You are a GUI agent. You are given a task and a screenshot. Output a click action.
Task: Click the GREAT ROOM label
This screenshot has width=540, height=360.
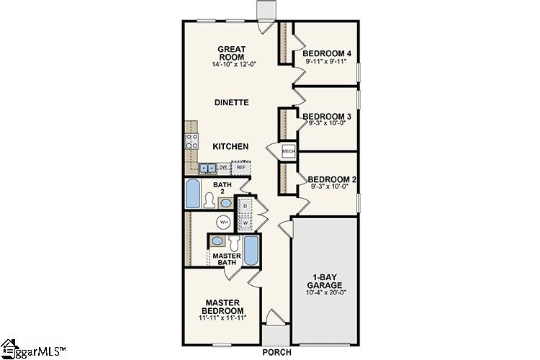point(231,53)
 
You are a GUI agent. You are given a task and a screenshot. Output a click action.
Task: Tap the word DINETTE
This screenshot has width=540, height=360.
point(231,103)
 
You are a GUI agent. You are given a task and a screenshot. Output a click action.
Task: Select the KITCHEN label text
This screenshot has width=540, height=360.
point(231,146)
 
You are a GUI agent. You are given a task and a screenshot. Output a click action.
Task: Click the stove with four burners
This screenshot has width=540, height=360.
point(192,142)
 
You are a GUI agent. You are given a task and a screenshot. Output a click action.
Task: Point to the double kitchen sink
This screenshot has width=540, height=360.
point(207,168)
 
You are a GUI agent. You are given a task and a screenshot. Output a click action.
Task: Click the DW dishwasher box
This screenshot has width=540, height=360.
point(223,167)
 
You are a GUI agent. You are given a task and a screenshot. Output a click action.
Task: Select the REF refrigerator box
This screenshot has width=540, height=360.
point(241,167)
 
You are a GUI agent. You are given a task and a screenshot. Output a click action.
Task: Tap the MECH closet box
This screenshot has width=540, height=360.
point(288,151)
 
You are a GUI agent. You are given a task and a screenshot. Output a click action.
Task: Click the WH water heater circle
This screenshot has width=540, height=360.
point(225,222)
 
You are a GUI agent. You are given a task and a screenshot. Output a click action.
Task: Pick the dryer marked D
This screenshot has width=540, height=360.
point(246,207)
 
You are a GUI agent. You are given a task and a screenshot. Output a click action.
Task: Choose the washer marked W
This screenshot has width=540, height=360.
point(246,222)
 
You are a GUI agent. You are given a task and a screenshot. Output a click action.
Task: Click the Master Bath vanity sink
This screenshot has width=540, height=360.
point(217,242)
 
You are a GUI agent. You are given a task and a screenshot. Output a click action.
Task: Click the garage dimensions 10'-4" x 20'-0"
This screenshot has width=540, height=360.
point(326,292)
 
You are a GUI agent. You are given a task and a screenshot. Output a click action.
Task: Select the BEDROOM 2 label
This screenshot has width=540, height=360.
point(329,180)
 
